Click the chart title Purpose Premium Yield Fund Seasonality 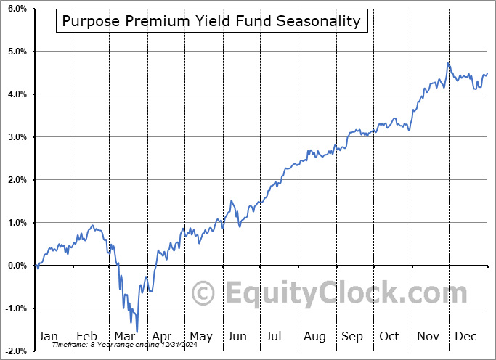tap(211, 21)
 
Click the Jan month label tap(48, 336)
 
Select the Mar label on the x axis tap(125, 336)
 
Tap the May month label tap(200, 336)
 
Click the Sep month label tap(352, 336)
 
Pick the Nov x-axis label tap(428, 336)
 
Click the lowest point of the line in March tap(137, 332)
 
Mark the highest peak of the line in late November tap(448, 64)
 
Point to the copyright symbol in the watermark tap(203, 294)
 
